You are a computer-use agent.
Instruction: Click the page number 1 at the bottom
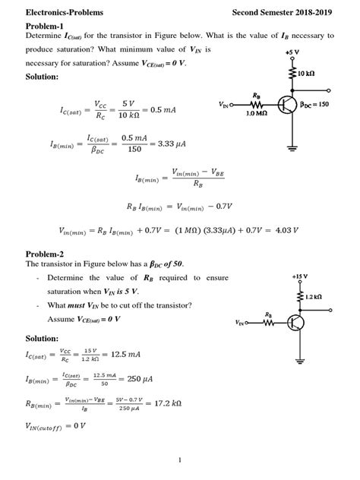[179, 459]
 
